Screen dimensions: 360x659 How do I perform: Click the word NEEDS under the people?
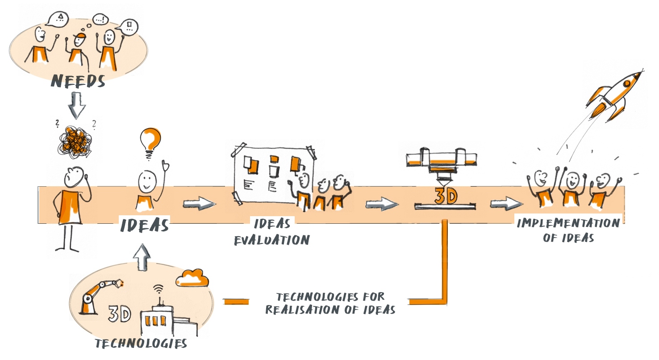[78, 81]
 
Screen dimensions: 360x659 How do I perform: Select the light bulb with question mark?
[150, 141]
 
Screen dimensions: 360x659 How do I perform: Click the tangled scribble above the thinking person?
[75, 140]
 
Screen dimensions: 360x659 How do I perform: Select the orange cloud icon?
[192, 279]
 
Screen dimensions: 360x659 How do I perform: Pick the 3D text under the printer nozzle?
[445, 197]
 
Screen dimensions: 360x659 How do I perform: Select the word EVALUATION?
[272, 240]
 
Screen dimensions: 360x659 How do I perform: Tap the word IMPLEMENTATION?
[568, 223]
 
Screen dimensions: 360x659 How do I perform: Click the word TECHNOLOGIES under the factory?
[142, 343]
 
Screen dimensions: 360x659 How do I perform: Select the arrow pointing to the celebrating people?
[506, 204]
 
